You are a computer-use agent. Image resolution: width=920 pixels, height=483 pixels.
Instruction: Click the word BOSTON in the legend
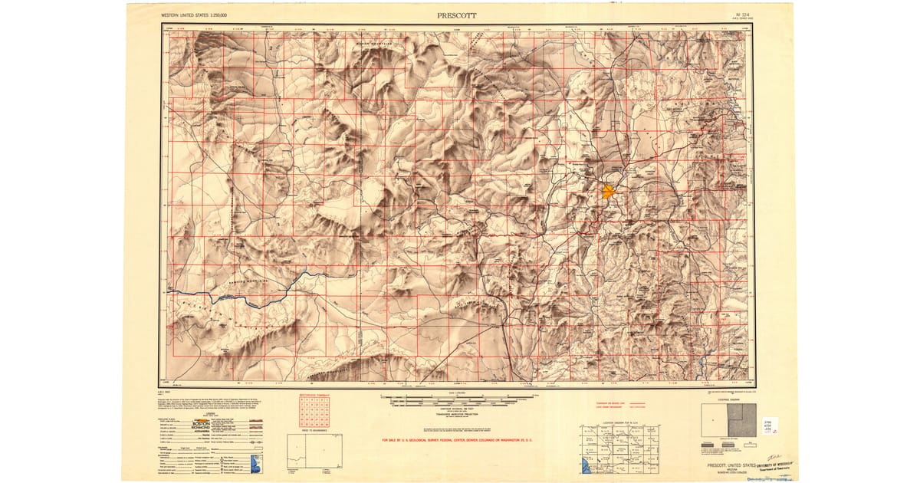tap(200, 424)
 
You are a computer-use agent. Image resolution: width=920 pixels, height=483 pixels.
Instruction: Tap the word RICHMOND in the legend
tap(201, 430)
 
